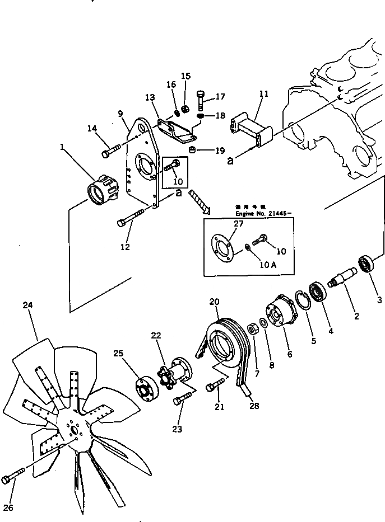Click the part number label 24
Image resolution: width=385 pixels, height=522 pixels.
(x=28, y=305)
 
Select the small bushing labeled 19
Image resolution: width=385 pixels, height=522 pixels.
(x=192, y=149)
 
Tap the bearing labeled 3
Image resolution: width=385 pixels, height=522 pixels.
(x=366, y=263)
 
